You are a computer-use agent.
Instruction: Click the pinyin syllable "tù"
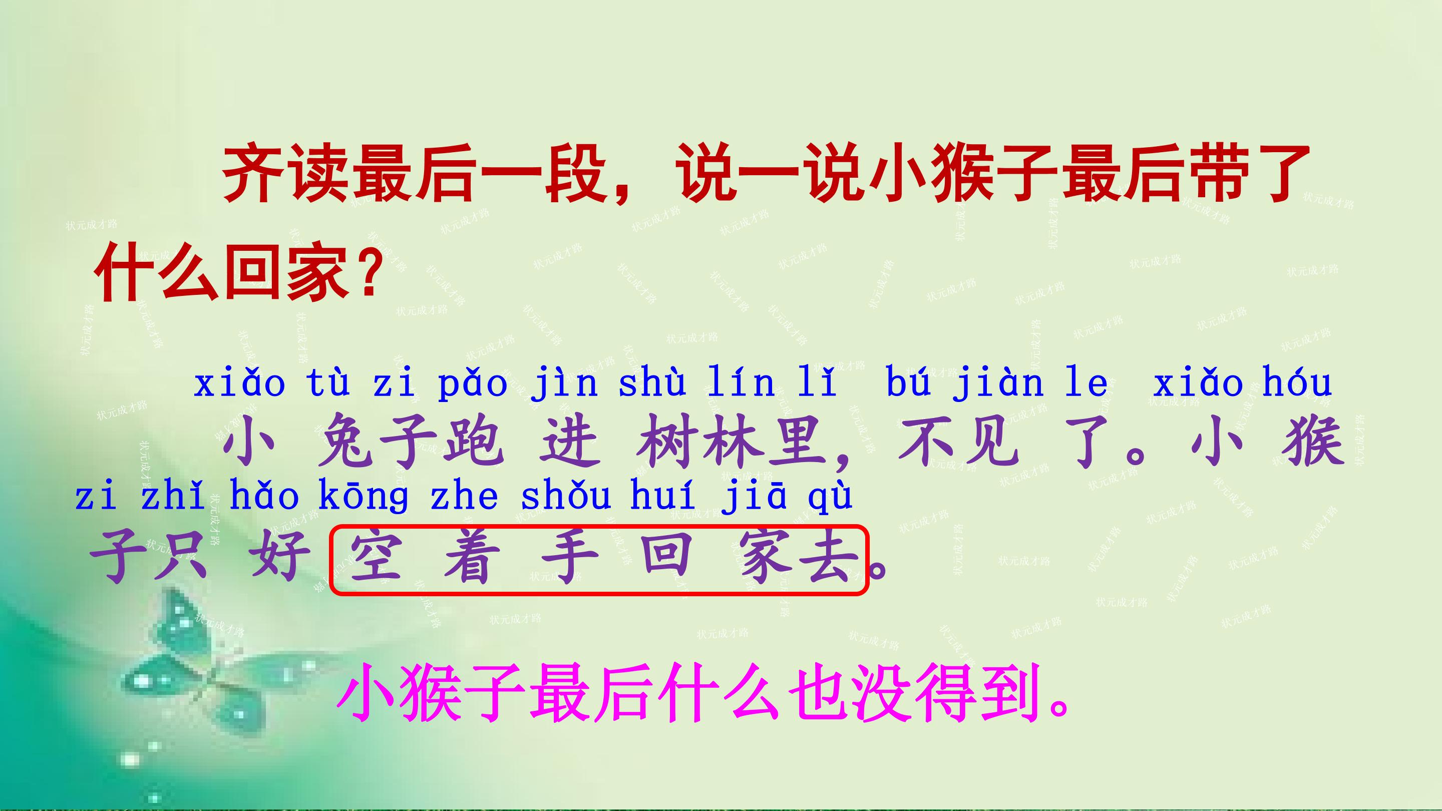click(x=328, y=383)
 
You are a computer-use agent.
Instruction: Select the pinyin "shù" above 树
click(x=651, y=383)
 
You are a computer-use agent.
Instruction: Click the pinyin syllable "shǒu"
click(x=565, y=497)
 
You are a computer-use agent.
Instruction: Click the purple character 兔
click(x=345, y=442)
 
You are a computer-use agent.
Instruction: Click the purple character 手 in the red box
click(x=569, y=557)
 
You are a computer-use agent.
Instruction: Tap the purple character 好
click(x=280, y=557)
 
